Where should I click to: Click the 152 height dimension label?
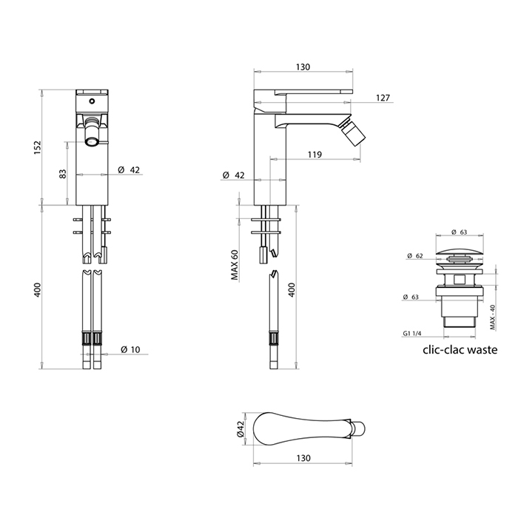pos(37,147)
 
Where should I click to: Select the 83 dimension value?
pos(62,174)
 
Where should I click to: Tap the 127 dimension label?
pos(383,98)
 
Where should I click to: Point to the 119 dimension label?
pos(314,154)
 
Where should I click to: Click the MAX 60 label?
pos(235,265)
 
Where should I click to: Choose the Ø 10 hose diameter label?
pos(130,349)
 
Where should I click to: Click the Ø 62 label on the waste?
pos(415,256)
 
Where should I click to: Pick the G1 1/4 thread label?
pos(412,333)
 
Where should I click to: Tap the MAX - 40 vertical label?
pos(493,317)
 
